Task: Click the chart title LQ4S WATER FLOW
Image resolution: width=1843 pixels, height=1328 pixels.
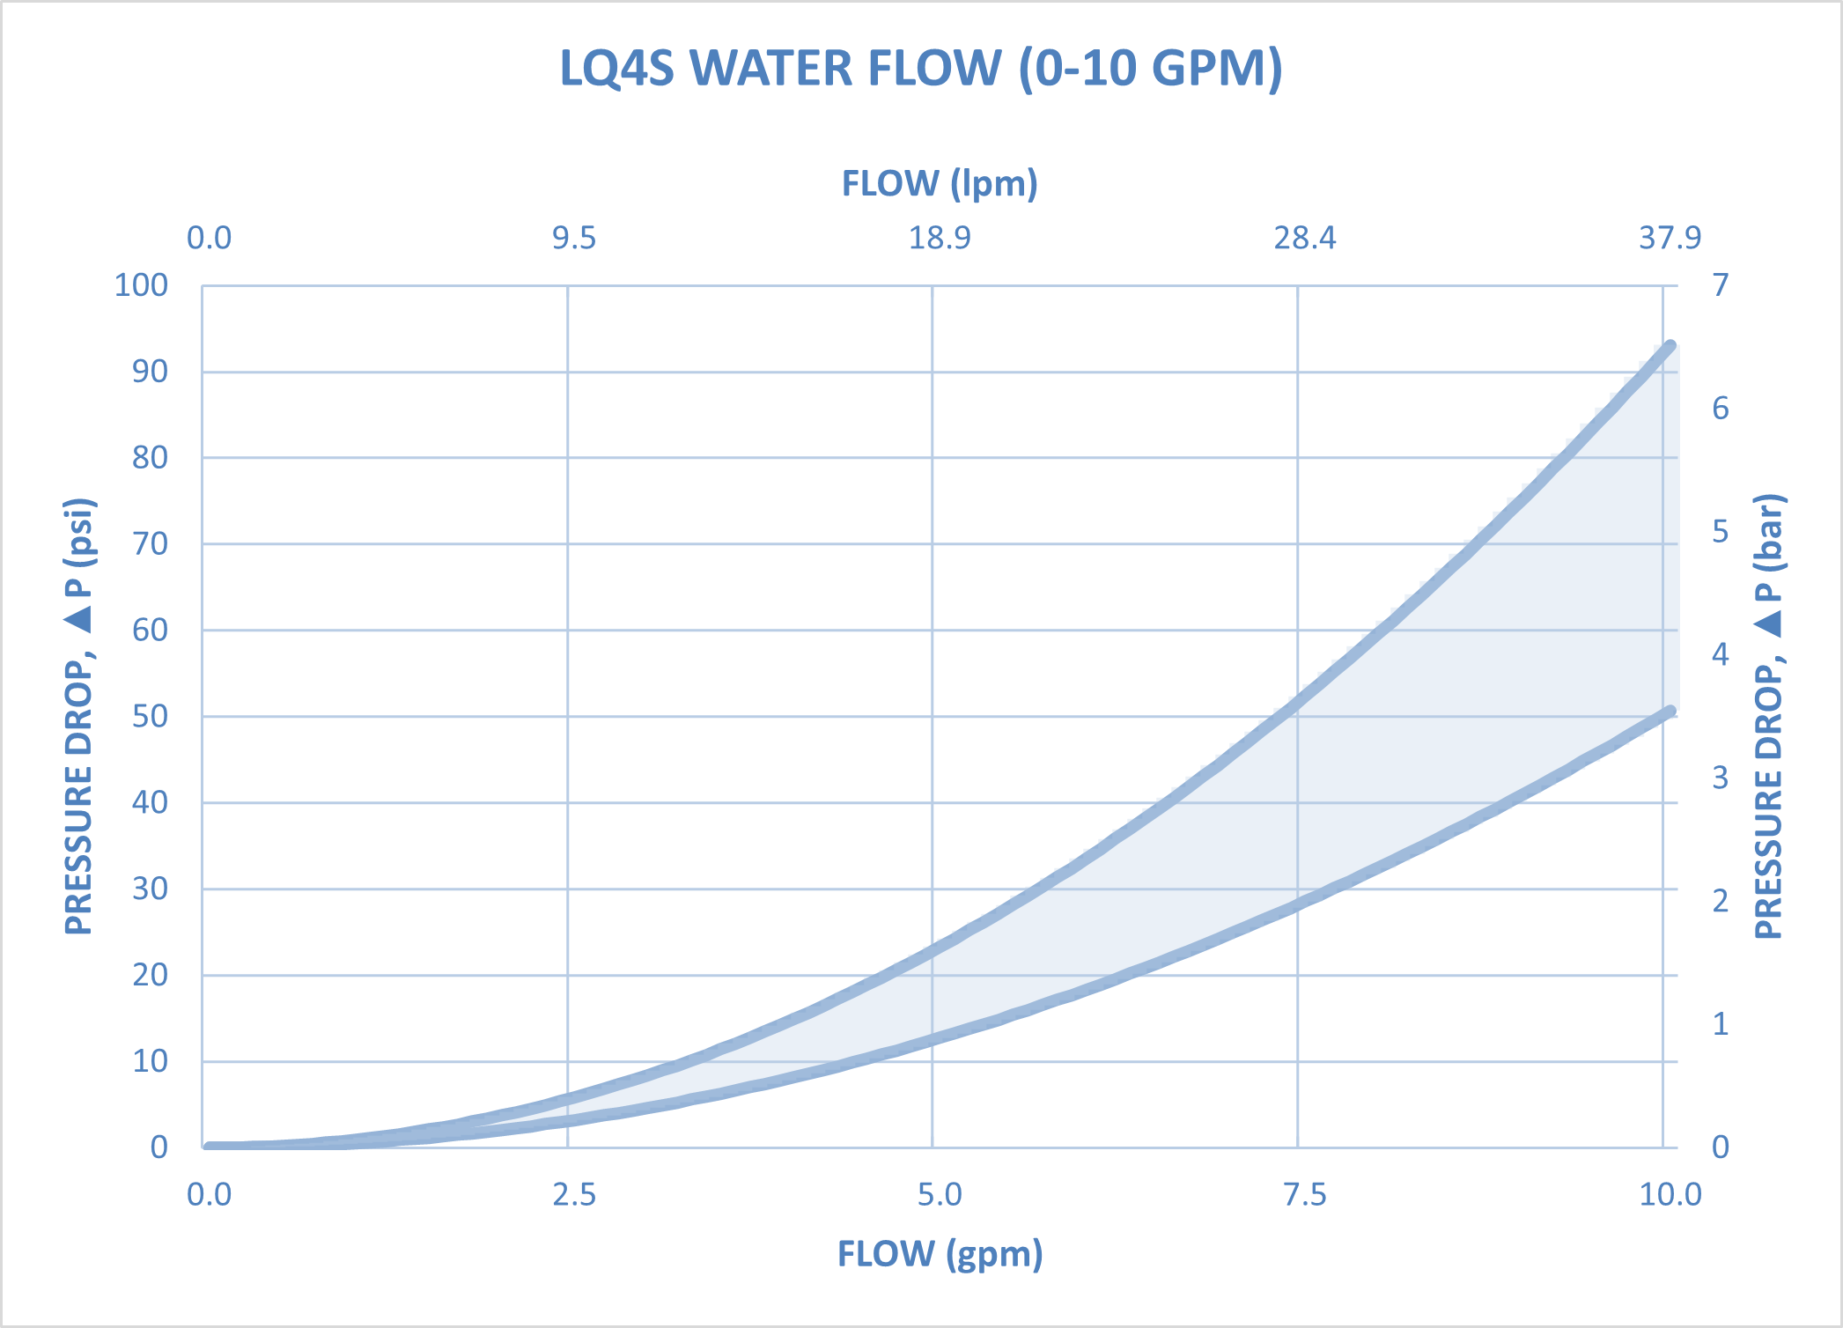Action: pyautogui.click(x=921, y=69)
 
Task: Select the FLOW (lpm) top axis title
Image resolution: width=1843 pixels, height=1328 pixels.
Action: pyautogui.click(x=940, y=184)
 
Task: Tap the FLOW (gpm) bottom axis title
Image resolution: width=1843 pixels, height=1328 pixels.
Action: pyautogui.click(x=940, y=1253)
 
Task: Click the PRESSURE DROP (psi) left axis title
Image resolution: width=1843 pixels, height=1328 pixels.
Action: pyautogui.click(x=79, y=716)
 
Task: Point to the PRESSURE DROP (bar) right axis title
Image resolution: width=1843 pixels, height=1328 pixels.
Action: pyautogui.click(x=1769, y=716)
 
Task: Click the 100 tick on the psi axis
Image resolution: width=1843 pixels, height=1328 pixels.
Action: pyautogui.click(x=141, y=285)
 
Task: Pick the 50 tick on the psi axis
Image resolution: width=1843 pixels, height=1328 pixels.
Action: pyautogui.click(x=150, y=716)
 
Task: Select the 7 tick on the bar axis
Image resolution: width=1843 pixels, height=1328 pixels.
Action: pyautogui.click(x=1720, y=285)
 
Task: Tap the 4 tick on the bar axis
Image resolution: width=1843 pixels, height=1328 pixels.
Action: pyautogui.click(x=1720, y=654)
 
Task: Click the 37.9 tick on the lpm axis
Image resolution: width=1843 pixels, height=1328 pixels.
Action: pyautogui.click(x=1670, y=238)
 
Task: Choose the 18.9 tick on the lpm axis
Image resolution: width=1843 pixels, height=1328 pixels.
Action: pyautogui.click(x=940, y=238)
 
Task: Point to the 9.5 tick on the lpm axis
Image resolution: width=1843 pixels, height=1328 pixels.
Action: pyautogui.click(x=574, y=238)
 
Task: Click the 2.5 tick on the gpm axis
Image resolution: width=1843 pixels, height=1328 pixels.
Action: pyautogui.click(x=574, y=1194)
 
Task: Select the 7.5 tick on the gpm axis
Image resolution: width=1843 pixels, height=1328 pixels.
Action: pyautogui.click(x=1304, y=1194)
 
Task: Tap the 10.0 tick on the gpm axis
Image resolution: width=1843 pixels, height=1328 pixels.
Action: pyautogui.click(x=1670, y=1194)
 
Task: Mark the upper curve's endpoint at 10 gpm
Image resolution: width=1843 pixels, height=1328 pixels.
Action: pyautogui.click(x=1670, y=346)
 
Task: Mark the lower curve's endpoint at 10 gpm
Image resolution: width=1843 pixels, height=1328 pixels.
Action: pyautogui.click(x=1670, y=711)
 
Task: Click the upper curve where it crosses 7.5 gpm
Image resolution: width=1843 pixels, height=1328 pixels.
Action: pyautogui.click(x=1298, y=701)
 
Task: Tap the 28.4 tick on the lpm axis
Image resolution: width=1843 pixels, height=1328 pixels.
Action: pyautogui.click(x=1304, y=238)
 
